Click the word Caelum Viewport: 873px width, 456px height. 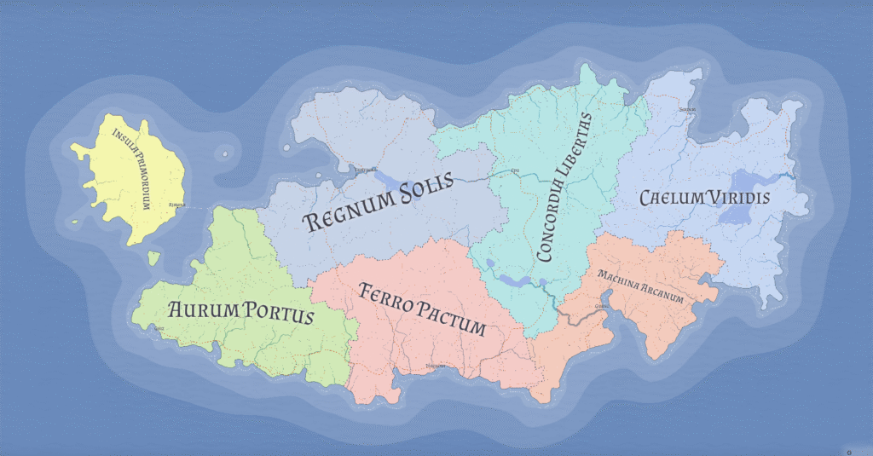coord(669,199)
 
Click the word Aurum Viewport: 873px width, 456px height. coord(203,310)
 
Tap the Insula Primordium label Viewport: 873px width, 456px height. coord(136,168)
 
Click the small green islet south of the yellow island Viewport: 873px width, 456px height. coord(153,256)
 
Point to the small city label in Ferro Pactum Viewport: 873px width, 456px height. coord(435,367)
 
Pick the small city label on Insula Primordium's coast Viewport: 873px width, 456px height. coord(177,205)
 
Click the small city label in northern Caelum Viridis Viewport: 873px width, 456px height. coord(688,110)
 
